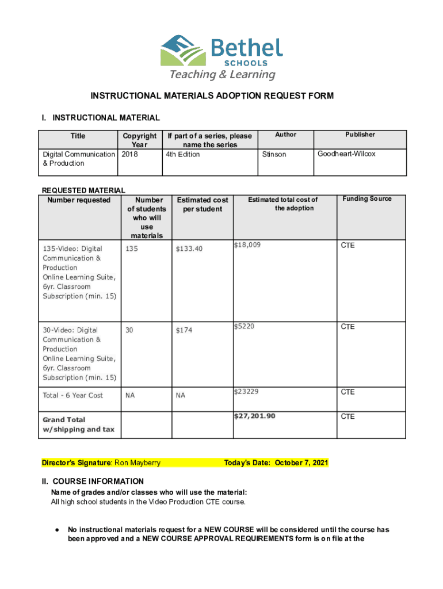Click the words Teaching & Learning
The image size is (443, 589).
(221, 75)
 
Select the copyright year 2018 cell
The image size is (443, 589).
(130, 154)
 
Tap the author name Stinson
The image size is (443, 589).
(274, 154)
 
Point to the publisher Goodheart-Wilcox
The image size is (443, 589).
(347, 154)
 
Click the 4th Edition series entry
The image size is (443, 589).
(183, 154)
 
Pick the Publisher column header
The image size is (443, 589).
(360, 135)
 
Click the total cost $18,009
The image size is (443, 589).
(247, 245)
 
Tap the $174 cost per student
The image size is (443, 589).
(185, 330)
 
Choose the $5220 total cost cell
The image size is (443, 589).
(244, 327)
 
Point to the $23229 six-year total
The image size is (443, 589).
(246, 392)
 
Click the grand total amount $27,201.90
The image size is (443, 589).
(254, 416)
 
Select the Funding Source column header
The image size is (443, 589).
(367, 199)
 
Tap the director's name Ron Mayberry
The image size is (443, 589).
(138, 463)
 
